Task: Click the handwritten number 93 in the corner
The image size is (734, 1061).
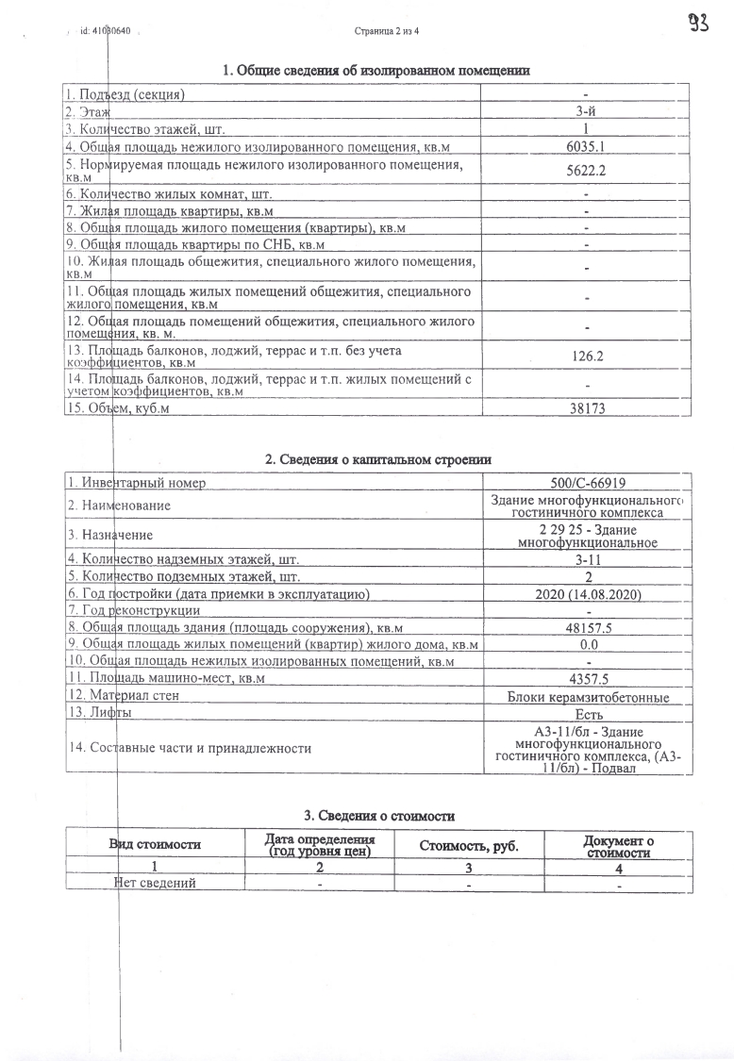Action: (699, 23)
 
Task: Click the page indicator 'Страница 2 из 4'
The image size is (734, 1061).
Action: (387, 31)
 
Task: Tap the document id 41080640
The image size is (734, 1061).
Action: (105, 31)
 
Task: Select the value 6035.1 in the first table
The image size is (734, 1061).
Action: (586, 146)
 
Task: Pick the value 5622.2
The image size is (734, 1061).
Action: (586, 170)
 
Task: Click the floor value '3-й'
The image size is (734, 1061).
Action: (586, 111)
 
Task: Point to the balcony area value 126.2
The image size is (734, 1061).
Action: (586, 357)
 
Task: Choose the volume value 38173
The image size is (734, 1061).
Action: (586, 408)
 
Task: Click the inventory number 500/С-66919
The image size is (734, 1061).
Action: (586, 483)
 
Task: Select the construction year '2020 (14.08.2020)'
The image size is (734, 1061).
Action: (586, 593)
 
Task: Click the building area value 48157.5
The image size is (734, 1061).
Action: (586, 627)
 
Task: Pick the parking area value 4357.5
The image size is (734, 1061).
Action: (586, 679)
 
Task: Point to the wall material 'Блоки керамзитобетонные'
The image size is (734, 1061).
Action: (586, 697)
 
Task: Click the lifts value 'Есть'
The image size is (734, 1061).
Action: (586, 715)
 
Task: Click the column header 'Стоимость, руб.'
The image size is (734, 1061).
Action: (469, 846)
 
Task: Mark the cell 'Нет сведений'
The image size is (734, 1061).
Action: (154, 884)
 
